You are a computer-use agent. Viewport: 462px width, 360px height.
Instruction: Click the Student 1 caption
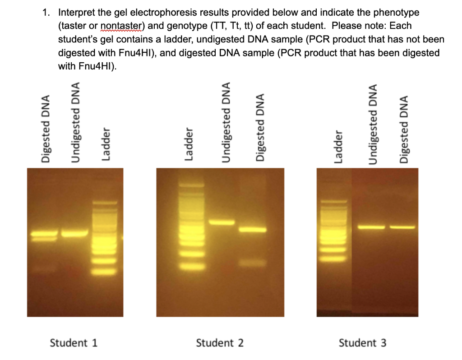click(x=74, y=342)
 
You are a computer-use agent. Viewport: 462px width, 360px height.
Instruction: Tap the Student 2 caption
click(x=220, y=343)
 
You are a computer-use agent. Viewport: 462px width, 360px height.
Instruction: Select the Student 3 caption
click(x=362, y=343)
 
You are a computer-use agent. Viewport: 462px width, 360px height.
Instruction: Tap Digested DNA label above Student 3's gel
click(x=404, y=128)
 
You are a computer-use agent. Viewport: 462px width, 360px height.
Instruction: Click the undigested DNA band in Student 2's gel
click(x=222, y=222)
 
